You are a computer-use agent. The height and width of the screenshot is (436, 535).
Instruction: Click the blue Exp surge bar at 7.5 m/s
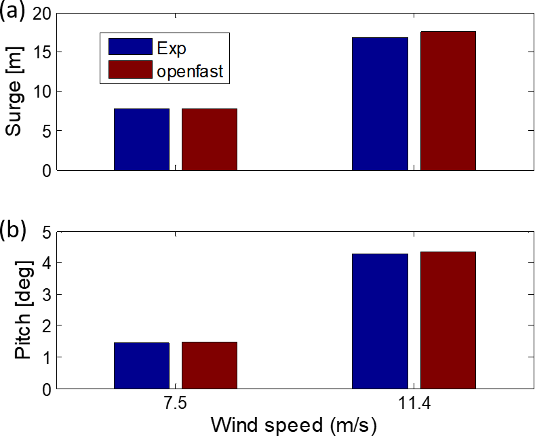pyautogui.click(x=142, y=140)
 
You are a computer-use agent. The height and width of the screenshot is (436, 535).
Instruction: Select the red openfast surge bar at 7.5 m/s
pyautogui.click(x=210, y=140)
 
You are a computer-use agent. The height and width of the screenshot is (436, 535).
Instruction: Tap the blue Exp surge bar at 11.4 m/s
pyautogui.click(x=380, y=104)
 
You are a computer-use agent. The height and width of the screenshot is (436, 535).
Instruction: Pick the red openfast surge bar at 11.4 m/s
pyautogui.click(x=448, y=101)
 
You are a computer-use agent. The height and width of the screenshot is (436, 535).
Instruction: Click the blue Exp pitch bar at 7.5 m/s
pyautogui.click(x=142, y=365)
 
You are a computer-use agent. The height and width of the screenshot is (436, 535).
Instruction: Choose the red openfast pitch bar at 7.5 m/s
pyautogui.click(x=210, y=365)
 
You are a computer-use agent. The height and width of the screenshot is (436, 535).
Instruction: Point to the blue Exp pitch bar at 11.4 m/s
pyautogui.click(x=380, y=321)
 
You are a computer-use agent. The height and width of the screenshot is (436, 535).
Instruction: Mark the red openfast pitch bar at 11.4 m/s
pyautogui.click(x=448, y=320)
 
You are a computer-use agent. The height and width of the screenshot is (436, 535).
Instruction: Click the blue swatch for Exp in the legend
pyautogui.click(x=130, y=47)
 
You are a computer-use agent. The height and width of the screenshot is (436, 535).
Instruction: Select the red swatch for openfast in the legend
pyautogui.click(x=130, y=69)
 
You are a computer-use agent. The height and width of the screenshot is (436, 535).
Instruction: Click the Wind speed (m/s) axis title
pyautogui.click(x=293, y=425)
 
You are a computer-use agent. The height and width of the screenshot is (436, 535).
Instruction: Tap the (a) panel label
pyautogui.click(x=14, y=12)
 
